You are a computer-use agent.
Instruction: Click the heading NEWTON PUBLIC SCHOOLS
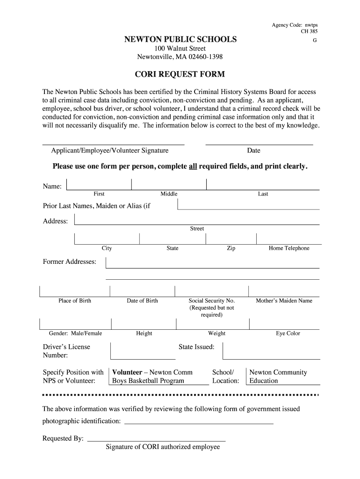(x=180, y=39)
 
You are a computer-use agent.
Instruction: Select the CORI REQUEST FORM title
(x=180, y=74)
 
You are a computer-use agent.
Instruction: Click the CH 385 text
(x=309, y=32)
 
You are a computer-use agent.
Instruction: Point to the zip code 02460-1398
(x=205, y=57)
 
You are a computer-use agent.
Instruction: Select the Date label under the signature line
(x=254, y=151)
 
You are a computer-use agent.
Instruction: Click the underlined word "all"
(x=193, y=167)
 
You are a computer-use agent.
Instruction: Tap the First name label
(x=99, y=194)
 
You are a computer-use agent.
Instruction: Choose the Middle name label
(x=169, y=194)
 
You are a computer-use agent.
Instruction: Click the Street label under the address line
(x=197, y=229)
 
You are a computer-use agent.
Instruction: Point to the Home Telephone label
(x=289, y=248)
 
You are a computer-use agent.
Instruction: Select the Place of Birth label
(x=75, y=301)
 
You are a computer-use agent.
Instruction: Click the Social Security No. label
(x=211, y=301)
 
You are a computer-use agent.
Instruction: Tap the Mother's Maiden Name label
(x=284, y=301)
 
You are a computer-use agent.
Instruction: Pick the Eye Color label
(x=288, y=334)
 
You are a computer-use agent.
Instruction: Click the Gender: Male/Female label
(x=75, y=334)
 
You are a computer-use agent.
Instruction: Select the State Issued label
(x=196, y=347)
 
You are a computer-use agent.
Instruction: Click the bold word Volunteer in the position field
(x=127, y=372)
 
